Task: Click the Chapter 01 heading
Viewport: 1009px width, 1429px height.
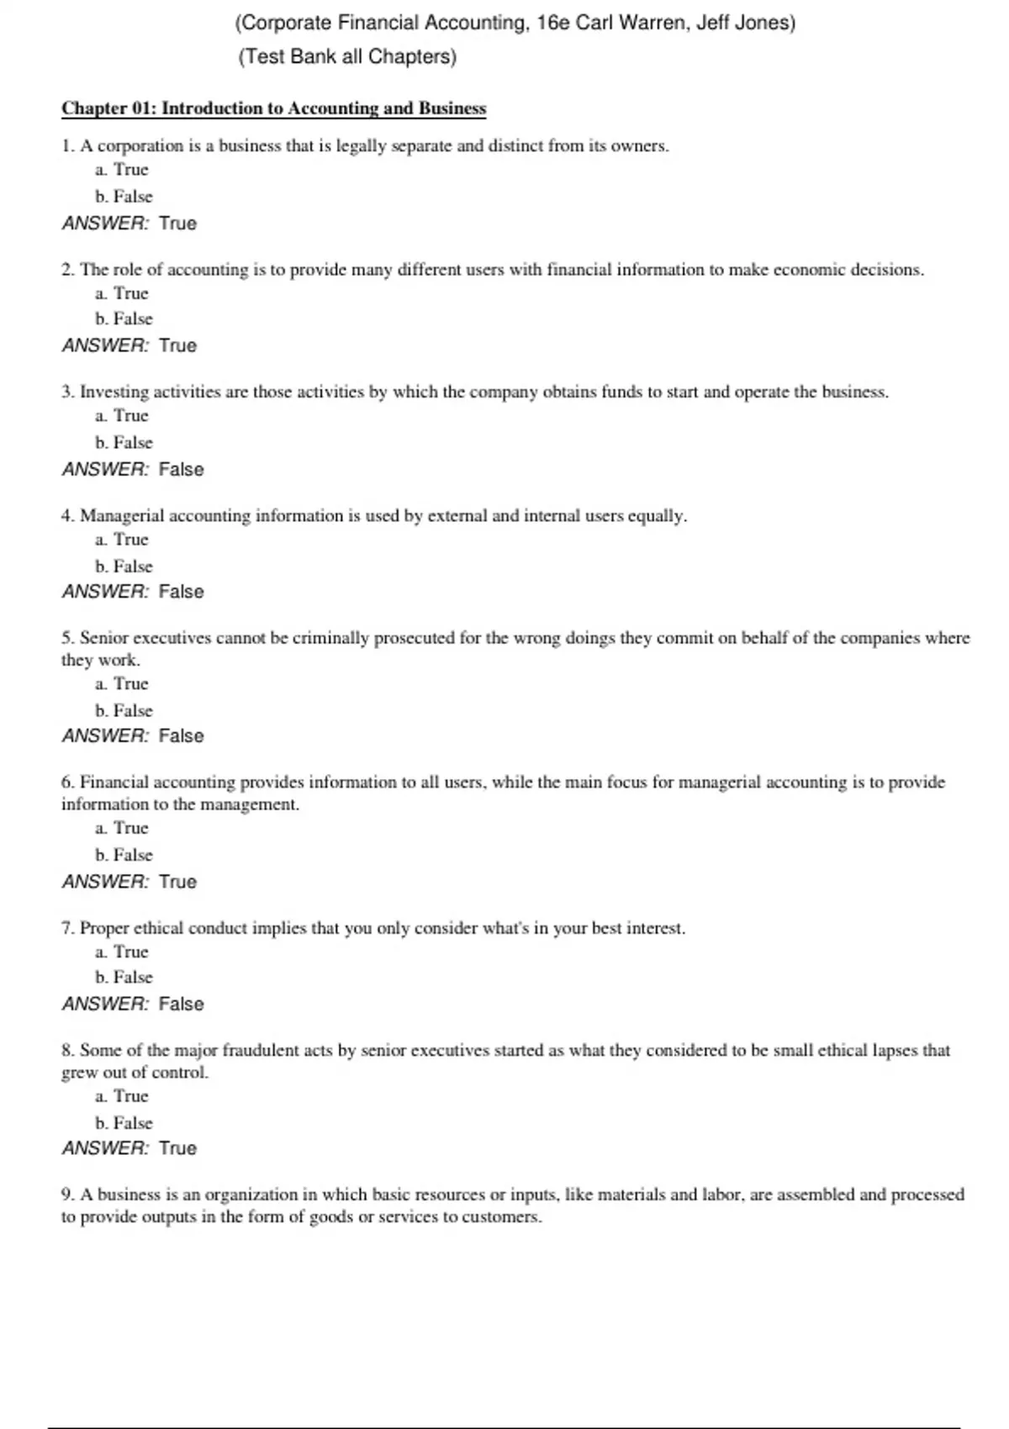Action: pyautogui.click(x=273, y=108)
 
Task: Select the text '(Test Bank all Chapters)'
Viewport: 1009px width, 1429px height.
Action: pyautogui.click(x=347, y=57)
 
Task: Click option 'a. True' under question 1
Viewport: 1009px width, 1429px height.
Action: pyautogui.click(x=122, y=170)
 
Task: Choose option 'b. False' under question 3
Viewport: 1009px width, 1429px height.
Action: pyautogui.click(x=124, y=442)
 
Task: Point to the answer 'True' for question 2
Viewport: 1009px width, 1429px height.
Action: pyautogui.click(x=177, y=345)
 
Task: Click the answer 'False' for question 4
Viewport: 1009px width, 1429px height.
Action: pyautogui.click(x=181, y=592)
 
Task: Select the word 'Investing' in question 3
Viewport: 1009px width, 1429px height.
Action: pyautogui.click(x=114, y=392)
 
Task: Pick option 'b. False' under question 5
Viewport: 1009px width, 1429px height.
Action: pyautogui.click(x=124, y=710)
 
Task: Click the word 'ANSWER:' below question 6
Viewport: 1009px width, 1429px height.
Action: pyautogui.click(x=105, y=882)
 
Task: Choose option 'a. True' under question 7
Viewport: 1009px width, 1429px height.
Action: pyautogui.click(x=122, y=952)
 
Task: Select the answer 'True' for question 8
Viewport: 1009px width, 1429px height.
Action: pyautogui.click(x=177, y=1148)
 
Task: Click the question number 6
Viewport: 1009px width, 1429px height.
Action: pyautogui.click(x=67, y=783)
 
